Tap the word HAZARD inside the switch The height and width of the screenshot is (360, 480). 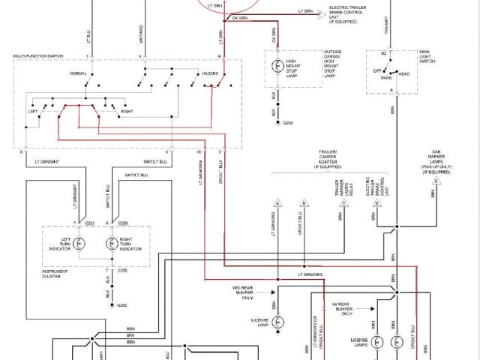click(209, 74)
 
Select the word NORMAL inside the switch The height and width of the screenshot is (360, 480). click(79, 74)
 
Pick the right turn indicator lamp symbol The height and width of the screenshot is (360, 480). click(112, 244)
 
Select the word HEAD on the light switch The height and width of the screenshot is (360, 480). click(403, 74)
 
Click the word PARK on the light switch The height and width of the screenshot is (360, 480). click(386, 76)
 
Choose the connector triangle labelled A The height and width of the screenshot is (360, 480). click(277, 203)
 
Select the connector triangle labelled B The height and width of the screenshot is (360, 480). click(304, 203)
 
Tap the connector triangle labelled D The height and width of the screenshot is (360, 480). click(436, 182)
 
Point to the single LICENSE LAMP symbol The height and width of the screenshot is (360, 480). click(277, 321)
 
